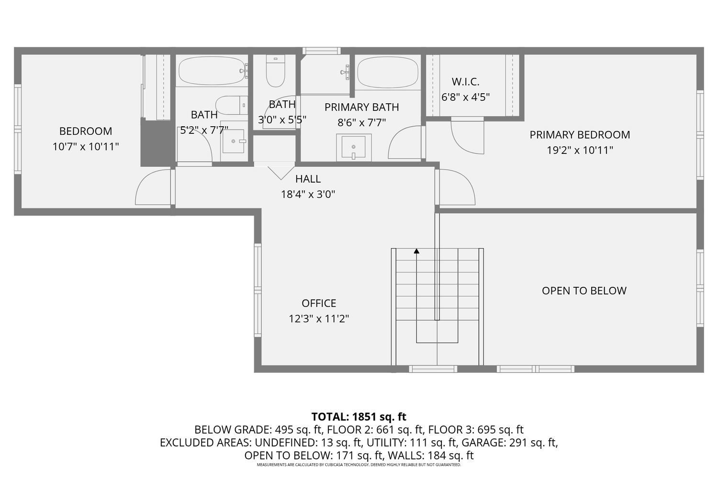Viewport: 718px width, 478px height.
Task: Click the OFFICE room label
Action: point(319,303)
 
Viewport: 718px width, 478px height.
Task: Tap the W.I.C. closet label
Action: point(465,82)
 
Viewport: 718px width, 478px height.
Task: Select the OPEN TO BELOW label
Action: point(584,291)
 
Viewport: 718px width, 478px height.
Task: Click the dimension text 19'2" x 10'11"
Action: point(580,150)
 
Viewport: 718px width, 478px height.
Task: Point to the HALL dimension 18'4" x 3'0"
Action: point(308,194)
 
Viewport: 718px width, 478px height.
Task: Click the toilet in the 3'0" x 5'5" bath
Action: point(275,71)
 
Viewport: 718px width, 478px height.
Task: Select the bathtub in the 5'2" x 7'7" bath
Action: point(213,71)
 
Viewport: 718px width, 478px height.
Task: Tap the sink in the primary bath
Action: point(354,147)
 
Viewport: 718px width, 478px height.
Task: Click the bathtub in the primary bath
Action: point(388,72)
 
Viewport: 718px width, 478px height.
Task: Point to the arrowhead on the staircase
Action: point(416,251)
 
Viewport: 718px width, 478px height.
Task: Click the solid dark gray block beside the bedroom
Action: point(156,142)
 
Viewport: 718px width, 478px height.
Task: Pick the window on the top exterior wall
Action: point(322,51)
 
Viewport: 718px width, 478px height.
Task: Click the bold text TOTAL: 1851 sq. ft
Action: point(359,416)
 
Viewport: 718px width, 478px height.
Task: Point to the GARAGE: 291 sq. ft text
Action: point(510,443)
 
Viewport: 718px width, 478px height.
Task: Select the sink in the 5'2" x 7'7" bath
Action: point(234,141)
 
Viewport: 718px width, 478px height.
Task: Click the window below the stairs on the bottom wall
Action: point(433,369)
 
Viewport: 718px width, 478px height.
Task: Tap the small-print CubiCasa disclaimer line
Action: point(359,465)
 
